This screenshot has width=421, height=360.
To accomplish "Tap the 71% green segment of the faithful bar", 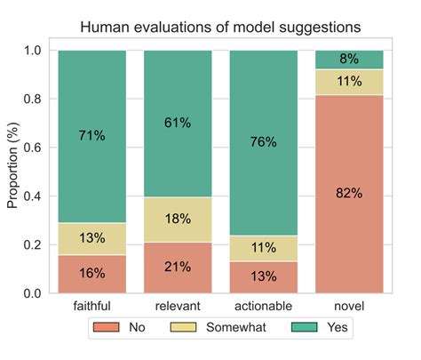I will [x=92, y=136].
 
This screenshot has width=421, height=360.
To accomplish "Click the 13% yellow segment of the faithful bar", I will [x=92, y=238].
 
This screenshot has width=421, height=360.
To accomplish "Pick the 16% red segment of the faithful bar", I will [x=92, y=274].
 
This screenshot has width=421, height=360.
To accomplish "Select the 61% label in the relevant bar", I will [x=178, y=122].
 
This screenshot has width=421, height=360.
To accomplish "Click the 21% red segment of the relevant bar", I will [x=178, y=268].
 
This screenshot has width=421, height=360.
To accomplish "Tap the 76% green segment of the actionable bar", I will [x=264, y=142].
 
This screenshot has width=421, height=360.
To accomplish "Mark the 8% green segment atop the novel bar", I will [x=350, y=60].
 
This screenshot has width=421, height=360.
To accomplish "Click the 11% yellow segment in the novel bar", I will [x=350, y=82].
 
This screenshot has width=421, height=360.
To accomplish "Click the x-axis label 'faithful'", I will [x=92, y=307].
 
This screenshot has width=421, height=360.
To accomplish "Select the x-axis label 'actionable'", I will [x=264, y=307].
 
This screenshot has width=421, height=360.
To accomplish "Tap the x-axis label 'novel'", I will [x=350, y=307].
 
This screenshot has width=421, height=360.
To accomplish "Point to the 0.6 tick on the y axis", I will [x=35, y=148].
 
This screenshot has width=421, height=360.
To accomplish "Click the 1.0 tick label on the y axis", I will [x=35, y=51].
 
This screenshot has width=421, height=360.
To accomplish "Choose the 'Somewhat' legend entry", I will [x=223, y=328].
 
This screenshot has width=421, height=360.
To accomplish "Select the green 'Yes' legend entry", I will [x=323, y=328].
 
